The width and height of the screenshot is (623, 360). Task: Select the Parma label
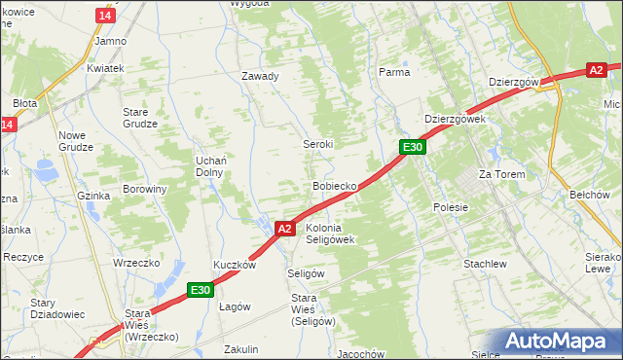394,72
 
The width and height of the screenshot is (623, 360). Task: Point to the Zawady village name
260,76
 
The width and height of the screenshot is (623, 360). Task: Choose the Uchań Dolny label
210,165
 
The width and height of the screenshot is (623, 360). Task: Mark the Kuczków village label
235,265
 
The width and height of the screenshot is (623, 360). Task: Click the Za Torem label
501,174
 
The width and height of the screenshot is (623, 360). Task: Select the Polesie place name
450,207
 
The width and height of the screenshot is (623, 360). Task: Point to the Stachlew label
484,264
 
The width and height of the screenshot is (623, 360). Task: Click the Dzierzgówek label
455,119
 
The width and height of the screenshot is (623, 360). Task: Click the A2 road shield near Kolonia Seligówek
284,229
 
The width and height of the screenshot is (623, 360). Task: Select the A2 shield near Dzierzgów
598,70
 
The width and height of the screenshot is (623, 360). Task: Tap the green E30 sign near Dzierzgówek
413,147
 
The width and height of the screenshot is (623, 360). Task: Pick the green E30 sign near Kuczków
201,289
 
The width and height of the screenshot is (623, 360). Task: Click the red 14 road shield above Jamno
106,16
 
